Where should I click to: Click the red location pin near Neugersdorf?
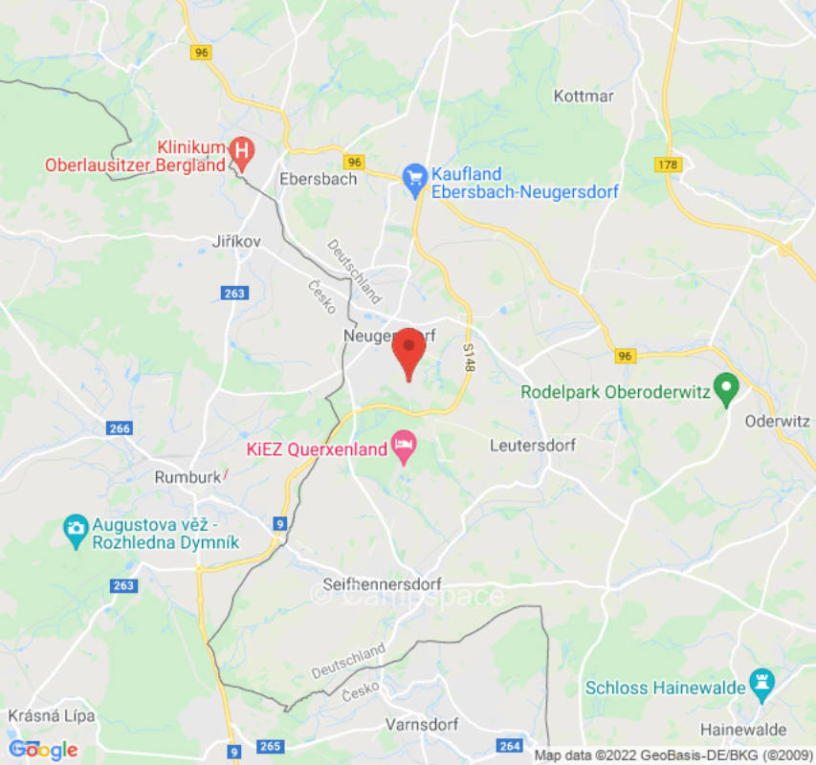(x=409, y=350)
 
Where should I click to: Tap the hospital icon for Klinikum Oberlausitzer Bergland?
(x=243, y=151)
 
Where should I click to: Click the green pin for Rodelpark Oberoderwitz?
(x=727, y=388)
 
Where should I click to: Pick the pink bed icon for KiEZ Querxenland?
(x=404, y=446)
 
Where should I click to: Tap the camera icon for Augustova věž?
(x=75, y=527)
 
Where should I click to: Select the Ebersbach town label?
(x=318, y=179)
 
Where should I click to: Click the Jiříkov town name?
(x=236, y=242)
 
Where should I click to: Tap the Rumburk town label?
(x=187, y=476)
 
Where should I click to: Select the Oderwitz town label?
(x=778, y=421)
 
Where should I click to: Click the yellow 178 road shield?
(x=669, y=164)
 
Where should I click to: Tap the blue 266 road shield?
(x=120, y=428)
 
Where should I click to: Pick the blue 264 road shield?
(x=509, y=746)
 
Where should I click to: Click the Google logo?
(x=42, y=750)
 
